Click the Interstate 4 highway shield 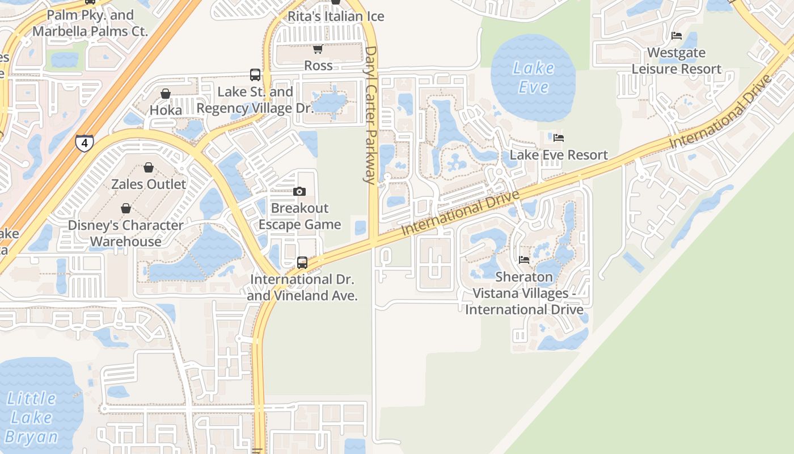coord(84,142)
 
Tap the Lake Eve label coord(533,77)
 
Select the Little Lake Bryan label coord(32,418)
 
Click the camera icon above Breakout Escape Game coord(299,192)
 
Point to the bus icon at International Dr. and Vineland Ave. coord(302,263)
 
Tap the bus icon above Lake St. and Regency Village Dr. coord(255,74)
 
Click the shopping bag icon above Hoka coord(166,94)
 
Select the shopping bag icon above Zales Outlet coord(149,167)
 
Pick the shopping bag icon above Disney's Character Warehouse coord(126,208)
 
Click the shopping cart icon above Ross coord(318,49)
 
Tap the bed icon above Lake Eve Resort coord(559,137)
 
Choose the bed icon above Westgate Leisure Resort coord(677,36)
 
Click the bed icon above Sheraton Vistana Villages coord(524,260)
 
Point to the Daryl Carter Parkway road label coord(371,115)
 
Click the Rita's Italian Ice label coord(336,16)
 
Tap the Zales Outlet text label coord(149,184)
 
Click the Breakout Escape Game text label coord(300,216)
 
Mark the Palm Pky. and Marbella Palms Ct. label coord(90,23)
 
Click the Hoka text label coord(166,110)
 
